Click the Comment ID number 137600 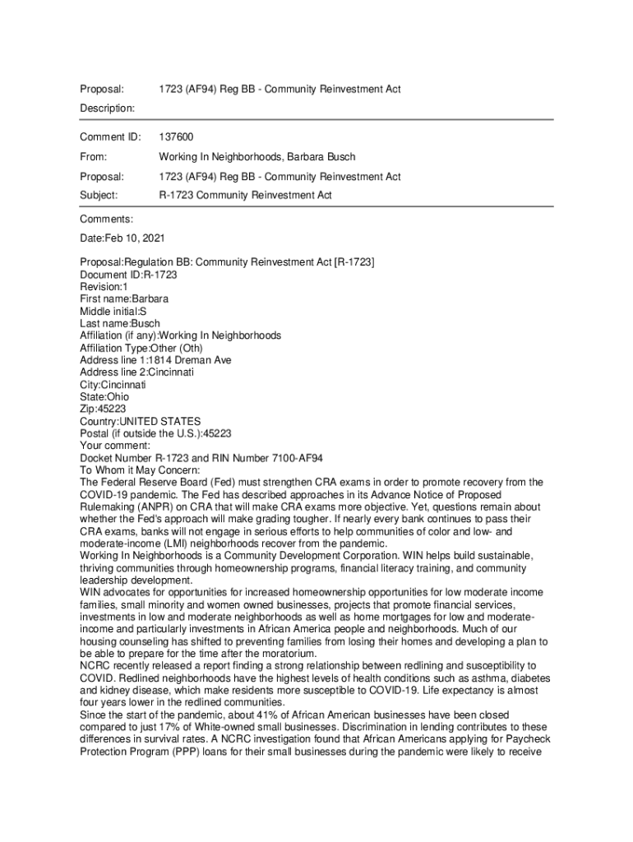[x=176, y=136]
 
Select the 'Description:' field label [x=107, y=108]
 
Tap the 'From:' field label [x=94, y=156]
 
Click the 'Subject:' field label [x=99, y=196]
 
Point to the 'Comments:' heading [x=106, y=220]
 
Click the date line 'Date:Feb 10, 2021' [x=122, y=238]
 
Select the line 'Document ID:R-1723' [x=128, y=274]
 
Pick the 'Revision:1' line [x=104, y=286]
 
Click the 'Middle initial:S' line [x=113, y=311]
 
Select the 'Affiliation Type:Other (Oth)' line [x=141, y=348]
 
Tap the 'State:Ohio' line [x=104, y=396]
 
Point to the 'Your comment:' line [x=115, y=446]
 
